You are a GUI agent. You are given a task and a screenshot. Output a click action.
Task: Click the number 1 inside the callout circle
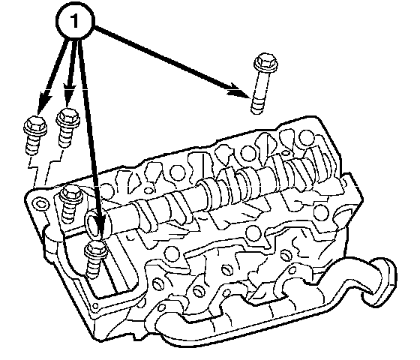point(74,21)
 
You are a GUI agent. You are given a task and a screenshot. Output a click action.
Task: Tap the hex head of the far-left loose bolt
point(35,125)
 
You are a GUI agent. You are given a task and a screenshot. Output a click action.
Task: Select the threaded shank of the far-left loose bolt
point(33,144)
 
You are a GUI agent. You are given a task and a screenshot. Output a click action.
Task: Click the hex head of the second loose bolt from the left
point(68,117)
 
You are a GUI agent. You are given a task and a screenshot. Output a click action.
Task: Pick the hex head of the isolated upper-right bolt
point(265,63)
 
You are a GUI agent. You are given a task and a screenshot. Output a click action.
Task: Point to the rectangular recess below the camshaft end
point(112,268)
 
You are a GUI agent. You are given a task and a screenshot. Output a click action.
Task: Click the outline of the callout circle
point(58,21)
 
